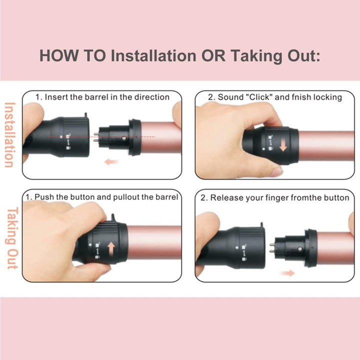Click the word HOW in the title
[x=59, y=55]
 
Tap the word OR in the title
[x=213, y=55]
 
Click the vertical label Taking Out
[x=12, y=238]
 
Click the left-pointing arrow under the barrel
[x=111, y=161]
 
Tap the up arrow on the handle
[x=111, y=249]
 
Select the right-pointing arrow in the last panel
[x=287, y=273]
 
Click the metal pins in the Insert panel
[x=96, y=137]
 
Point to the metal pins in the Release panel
[x=272, y=248]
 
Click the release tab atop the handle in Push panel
[x=113, y=217]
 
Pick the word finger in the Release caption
[x=275, y=197]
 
